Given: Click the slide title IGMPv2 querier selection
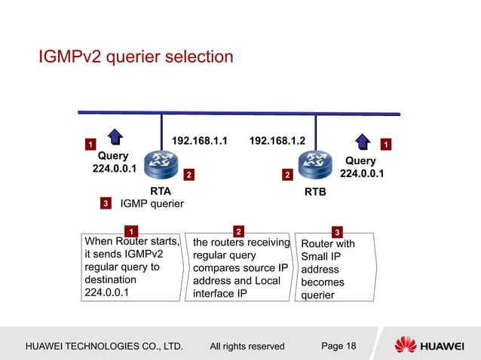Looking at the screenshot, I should click(136, 57).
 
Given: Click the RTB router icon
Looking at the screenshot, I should click(314, 163).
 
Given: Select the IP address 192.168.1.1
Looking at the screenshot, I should click(200, 141).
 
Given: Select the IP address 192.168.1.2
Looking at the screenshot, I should click(277, 141).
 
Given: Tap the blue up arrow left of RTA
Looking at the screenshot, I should click(115, 137).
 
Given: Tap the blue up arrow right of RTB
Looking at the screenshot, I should click(363, 141).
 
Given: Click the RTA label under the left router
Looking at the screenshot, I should click(161, 191).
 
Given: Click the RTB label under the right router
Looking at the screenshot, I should click(315, 192).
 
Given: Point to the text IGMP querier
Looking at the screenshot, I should click(152, 203).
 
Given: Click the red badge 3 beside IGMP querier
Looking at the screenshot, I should click(106, 203).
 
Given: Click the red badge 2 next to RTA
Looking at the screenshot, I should click(188, 175).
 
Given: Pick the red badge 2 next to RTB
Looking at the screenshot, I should click(286, 175).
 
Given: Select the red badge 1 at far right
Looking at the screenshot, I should click(386, 144).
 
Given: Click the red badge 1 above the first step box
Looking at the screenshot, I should click(130, 230).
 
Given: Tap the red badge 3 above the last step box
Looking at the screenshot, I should click(337, 231).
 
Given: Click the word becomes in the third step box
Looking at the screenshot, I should click(322, 282).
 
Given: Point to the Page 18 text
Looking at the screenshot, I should click(339, 346).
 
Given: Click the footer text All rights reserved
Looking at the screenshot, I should click(247, 346).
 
